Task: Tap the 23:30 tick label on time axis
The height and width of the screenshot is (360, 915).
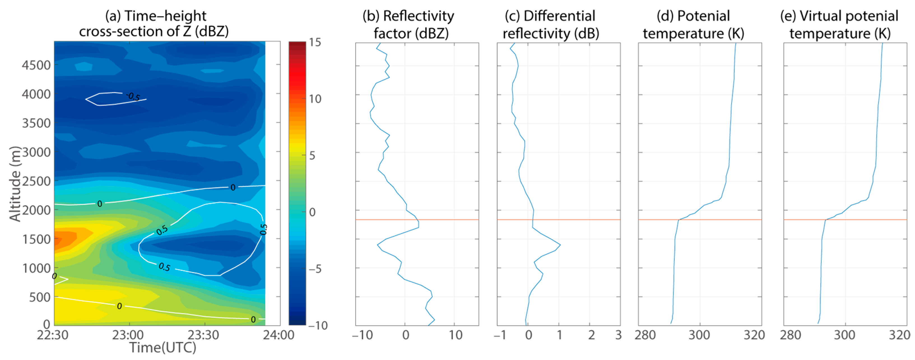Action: click(203, 335)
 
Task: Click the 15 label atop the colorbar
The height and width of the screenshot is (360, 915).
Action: click(315, 42)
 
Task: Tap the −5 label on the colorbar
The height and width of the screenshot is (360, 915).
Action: click(314, 269)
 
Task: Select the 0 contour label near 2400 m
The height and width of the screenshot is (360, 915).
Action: click(233, 187)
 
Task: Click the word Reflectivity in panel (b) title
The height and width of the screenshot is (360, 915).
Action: click(419, 16)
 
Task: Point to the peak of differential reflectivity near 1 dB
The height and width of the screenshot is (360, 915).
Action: click(560, 245)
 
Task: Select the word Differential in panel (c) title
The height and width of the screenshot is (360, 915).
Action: click(559, 16)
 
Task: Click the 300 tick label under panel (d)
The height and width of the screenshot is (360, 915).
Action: click(699, 335)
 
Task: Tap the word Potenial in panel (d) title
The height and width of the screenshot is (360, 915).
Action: click(703, 16)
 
